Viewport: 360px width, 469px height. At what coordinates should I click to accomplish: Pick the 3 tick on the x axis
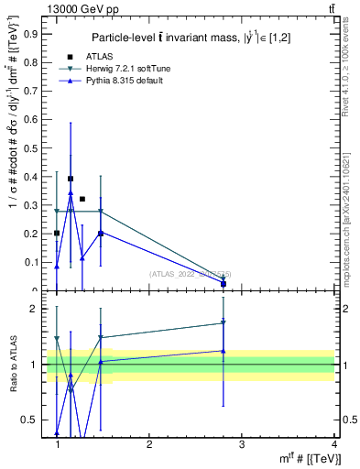coord(242,444)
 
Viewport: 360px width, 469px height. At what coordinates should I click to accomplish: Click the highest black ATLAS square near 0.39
coord(71,179)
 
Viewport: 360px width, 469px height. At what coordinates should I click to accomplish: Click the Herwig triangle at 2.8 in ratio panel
coord(224,322)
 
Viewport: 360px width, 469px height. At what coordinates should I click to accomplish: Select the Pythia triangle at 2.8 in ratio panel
coord(224,351)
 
